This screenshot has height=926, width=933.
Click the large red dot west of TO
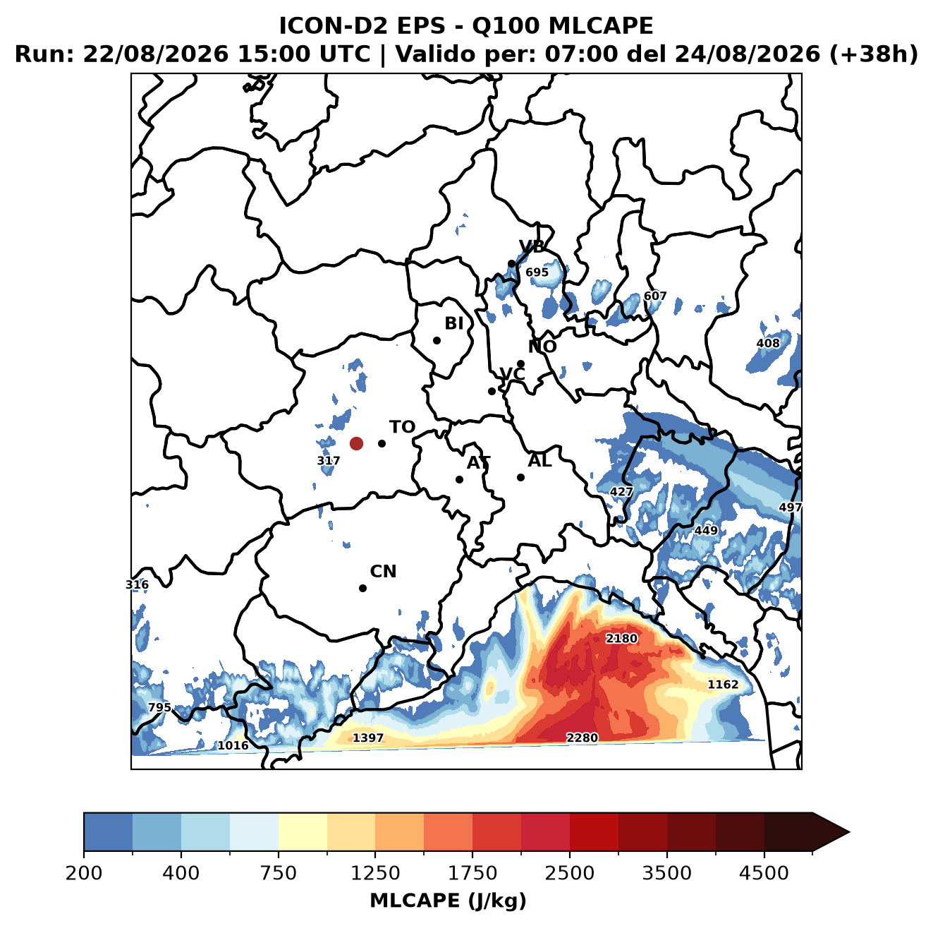356,443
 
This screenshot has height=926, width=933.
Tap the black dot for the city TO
382,443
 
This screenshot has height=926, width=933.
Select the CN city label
383,572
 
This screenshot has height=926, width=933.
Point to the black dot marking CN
362,588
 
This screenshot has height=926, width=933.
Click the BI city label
453,323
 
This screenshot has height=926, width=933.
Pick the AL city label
539,461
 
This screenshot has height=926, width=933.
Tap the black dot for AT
459,480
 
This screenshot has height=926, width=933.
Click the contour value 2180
621,639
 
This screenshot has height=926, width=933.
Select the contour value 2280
582,738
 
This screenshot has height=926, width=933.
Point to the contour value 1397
368,738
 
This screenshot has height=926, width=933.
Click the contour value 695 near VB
537,272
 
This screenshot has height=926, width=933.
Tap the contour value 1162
723,685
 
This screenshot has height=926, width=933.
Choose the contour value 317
328,461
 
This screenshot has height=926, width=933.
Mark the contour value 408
768,344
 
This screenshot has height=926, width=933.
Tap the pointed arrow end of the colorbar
848,833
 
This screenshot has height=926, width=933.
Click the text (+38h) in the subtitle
874,54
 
